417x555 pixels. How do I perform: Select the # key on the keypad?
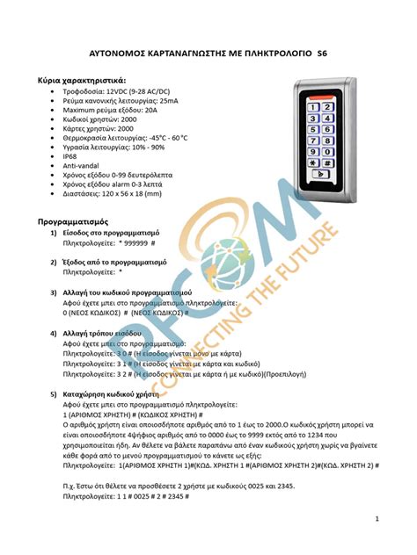[x=328, y=162]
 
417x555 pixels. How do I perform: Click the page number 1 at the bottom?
[x=376, y=521]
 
